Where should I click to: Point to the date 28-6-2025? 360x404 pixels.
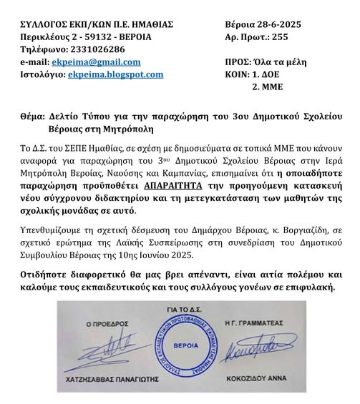click(x=283, y=24)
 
